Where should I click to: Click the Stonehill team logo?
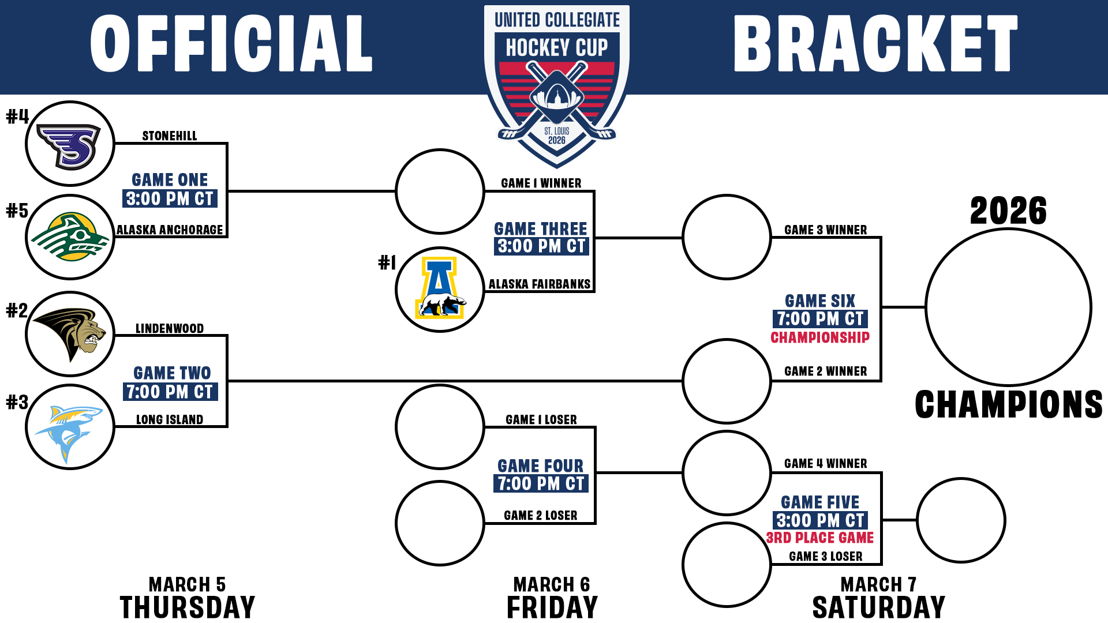(x=70, y=144)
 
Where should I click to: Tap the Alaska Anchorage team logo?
(x=70, y=238)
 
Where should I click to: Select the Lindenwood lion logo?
(x=70, y=334)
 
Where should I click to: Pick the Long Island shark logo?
(x=70, y=427)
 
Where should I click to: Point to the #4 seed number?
(x=17, y=117)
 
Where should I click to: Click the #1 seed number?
(x=387, y=263)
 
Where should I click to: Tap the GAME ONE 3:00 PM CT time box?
(x=170, y=199)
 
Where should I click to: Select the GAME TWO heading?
(x=172, y=373)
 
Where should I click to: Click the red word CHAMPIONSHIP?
(x=820, y=337)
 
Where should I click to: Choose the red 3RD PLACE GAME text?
(x=820, y=538)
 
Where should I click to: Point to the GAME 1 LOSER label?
(x=541, y=419)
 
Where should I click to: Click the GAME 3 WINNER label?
(x=825, y=230)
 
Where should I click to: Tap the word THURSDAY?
(x=188, y=607)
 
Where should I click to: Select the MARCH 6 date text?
(x=552, y=584)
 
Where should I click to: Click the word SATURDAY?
(x=878, y=607)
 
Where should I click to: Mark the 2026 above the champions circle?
(x=1008, y=211)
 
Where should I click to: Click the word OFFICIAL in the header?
(x=231, y=44)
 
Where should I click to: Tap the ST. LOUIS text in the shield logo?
(x=557, y=131)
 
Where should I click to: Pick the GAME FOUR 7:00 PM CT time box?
(x=541, y=483)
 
